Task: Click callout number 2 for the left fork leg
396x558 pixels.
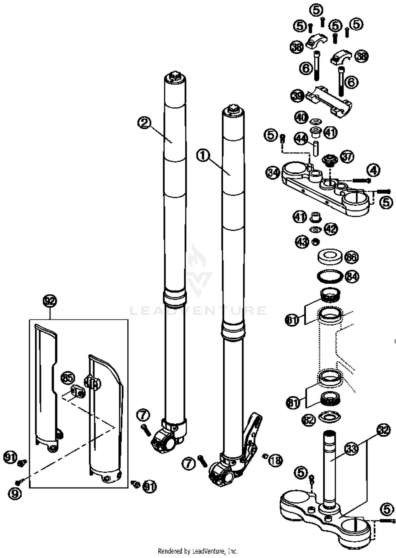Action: point(144,123)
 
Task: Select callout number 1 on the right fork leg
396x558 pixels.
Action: point(203,156)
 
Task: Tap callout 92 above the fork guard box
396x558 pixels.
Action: point(50,301)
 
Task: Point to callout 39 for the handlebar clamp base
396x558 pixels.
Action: point(298,96)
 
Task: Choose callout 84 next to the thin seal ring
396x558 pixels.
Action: point(352,276)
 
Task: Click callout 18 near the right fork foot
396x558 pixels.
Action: point(276,460)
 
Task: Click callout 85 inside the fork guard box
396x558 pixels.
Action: point(68,378)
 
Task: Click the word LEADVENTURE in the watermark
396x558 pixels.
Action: point(198,311)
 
